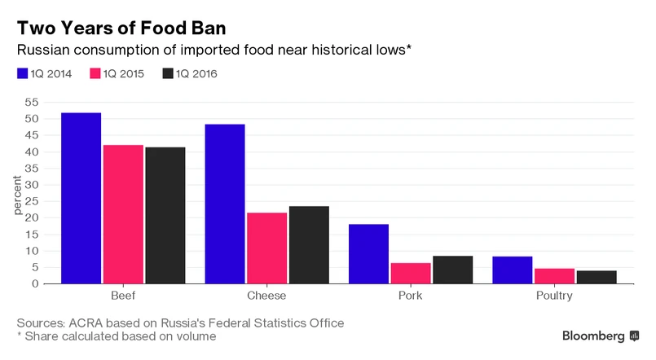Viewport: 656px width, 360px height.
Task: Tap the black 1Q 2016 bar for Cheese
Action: point(309,244)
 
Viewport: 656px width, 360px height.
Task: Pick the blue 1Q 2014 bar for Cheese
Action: point(225,204)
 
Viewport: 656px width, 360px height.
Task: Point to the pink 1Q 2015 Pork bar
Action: point(411,273)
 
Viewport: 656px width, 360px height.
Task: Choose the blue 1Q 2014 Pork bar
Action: point(368,253)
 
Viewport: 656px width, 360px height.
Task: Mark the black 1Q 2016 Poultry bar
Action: point(596,277)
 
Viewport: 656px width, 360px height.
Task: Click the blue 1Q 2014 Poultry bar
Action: point(512,270)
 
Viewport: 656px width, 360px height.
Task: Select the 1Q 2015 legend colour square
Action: point(95,73)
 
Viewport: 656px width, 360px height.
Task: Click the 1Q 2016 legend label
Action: point(196,74)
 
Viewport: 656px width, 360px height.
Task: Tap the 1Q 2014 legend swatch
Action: point(22,73)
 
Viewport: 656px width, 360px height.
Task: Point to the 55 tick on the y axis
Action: point(31,102)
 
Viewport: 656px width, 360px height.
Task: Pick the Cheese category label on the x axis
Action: point(266,296)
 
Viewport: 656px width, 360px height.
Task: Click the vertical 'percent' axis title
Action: point(17,193)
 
